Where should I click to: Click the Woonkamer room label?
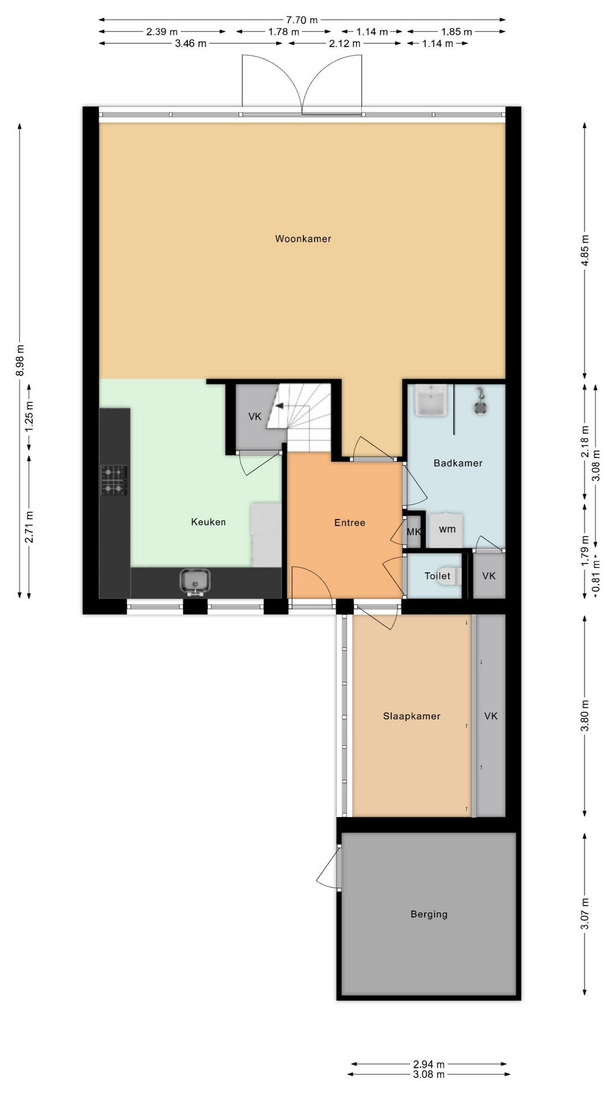(x=303, y=239)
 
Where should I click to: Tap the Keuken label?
(x=208, y=522)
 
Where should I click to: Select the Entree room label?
(x=350, y=522)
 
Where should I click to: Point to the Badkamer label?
(x=458, y=463)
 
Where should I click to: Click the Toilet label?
(x=437, y=576)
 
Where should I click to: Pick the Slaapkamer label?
(x=412, y=716)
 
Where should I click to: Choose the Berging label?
(x=429, y=915)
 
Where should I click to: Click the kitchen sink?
(x=195, y=582)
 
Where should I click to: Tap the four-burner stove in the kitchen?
(x=114, y=480)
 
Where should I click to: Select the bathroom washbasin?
(x=431, y=400)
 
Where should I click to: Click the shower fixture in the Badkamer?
(x=480, y=401)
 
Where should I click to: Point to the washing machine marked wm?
(x=447, y=530)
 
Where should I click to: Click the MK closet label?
(x=414, y=532)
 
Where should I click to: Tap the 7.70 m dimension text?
(x=302, y=20)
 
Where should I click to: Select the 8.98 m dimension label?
(x=20, y=360)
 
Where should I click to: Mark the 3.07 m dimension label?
(x=585, y=913)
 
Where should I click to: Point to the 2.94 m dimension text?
(x=429, y=1064)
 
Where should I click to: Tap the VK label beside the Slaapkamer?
(x=491, y=716)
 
